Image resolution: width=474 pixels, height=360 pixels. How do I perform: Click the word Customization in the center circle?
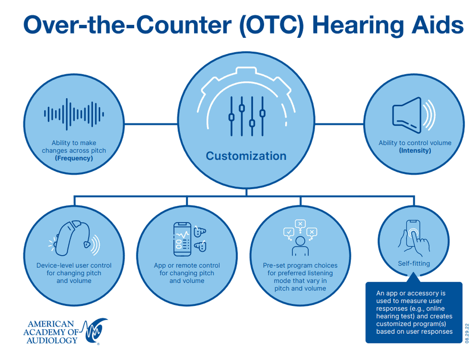(246, 156)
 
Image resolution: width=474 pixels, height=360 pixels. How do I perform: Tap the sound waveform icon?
(74, 114)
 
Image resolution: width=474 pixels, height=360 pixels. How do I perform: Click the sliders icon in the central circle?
(247, 116)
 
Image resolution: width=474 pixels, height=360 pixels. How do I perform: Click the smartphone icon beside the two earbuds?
(182, 239)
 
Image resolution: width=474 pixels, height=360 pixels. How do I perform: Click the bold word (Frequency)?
(74, 158)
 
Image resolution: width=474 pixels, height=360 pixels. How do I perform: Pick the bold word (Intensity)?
(415, 150)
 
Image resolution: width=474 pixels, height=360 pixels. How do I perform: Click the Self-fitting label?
(413, 263)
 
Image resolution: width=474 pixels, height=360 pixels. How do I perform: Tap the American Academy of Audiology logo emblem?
(95, 330)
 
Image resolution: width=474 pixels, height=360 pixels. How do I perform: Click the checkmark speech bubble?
(288, 232)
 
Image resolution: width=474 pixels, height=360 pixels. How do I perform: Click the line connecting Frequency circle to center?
(151, 123)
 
